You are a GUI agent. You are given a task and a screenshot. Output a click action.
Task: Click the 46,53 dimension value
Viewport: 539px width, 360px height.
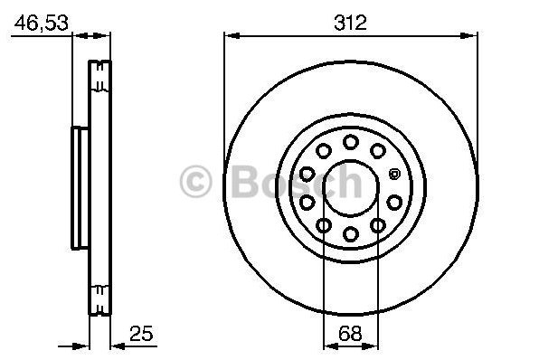42,23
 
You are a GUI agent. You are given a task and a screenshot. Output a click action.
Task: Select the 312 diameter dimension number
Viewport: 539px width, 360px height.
350,23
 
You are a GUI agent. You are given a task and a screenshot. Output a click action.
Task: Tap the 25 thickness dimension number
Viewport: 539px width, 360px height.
141,333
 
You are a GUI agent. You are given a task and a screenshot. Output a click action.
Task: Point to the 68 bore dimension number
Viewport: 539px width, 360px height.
350,333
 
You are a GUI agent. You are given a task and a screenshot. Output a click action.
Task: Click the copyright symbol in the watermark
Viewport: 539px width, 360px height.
195,181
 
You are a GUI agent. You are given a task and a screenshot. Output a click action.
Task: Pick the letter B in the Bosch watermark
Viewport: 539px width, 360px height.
247,181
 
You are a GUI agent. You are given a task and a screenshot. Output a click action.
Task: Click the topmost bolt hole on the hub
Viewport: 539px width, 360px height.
351,142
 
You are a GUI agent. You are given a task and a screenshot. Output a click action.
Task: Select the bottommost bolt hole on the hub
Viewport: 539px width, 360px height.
351,234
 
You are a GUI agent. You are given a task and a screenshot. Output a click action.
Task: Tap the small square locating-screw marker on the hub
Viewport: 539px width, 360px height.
394,174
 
